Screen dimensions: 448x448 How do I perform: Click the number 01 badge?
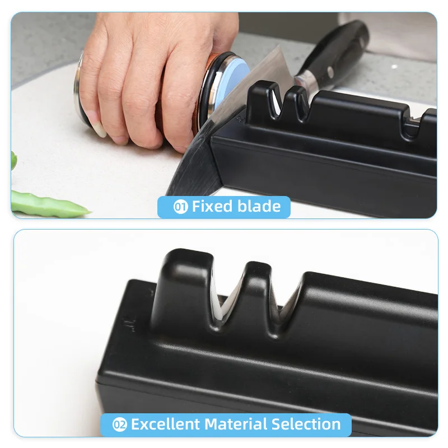point(180,207)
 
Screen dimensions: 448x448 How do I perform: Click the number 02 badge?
point(120,424)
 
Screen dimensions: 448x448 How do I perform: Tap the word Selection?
point(310,424)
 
